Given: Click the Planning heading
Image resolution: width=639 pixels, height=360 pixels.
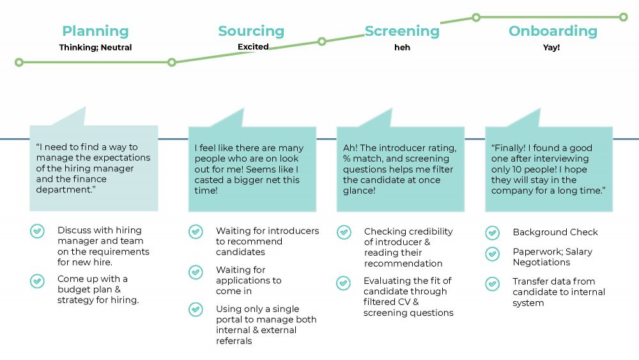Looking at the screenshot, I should pyautogui.click(x=95, y=31).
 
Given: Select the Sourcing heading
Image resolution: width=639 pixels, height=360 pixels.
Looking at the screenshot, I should pyautogui.click(x=251, y=31).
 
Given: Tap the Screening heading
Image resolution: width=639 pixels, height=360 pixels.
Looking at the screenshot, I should pyautogui.click(x=402, y=31).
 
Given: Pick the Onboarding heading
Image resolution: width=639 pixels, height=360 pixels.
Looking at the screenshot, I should pyautogui.click(x=553, y=31).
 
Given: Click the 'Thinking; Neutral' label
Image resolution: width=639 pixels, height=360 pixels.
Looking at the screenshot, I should pyautogui.click(x=95, y=47).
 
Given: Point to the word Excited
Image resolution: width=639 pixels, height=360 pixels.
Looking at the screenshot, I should pyautogui.click(x=253, y=47).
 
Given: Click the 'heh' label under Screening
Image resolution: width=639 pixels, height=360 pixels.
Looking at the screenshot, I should pyautogui.click(x=402, y=47).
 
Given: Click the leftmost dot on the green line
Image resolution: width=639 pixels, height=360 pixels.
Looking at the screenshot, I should pyautogui.click(x=19, y=63).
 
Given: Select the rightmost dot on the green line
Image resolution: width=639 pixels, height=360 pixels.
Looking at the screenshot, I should pyautogui.click(x=624, y=17).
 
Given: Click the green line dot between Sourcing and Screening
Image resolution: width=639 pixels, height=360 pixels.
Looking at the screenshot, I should pyautogui.click(x=322, y=42).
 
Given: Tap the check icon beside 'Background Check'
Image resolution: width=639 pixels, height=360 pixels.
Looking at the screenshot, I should pyautogui.click(x=492, y=233).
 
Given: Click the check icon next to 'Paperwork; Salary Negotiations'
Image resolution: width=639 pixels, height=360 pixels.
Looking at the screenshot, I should pyautogui.click(x=492, y=254).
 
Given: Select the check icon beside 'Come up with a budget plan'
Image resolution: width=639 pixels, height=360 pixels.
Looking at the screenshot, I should pyautogui.click(x=38, y=281).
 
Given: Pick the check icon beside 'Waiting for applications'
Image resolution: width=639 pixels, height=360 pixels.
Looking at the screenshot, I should pyautogui.click(x=196, y=272).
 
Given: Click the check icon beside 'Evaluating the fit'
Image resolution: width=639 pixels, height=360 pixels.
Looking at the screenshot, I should pyautogui.click(x=344, y=283).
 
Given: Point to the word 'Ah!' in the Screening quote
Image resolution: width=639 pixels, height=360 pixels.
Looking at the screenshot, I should pyautogui.click(x=351, y=148).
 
